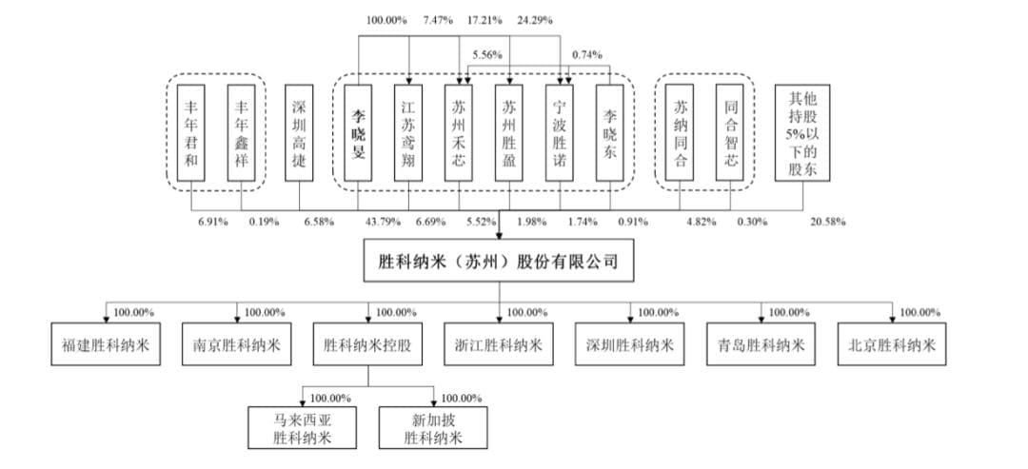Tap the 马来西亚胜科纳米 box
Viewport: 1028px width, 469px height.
click(302, 427)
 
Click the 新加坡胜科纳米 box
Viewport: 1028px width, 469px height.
click(433, 427)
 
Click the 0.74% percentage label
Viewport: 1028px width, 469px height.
click(588, 54)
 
